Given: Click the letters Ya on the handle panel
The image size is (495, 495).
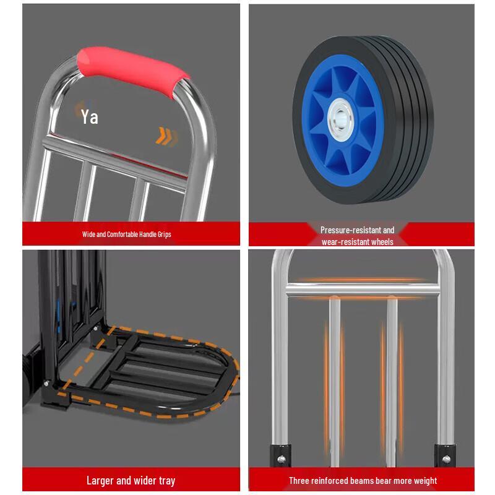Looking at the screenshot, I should tap(90, 116).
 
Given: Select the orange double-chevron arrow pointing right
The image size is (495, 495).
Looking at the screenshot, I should tap(166, 136).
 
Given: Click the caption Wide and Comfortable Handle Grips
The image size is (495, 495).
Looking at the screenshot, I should tap(126, 235).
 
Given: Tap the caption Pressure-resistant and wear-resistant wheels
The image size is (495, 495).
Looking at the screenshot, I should tap(357, 235).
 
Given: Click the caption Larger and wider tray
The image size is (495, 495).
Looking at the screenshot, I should tap(131, 480).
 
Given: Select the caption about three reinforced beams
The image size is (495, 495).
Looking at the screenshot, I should tap(363, 480).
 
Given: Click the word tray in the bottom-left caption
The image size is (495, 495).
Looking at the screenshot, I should tap(165, 480).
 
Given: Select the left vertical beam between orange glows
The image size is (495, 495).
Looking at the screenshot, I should tap(335, 377).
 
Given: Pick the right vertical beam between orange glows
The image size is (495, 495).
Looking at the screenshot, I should tap(392, 377).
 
